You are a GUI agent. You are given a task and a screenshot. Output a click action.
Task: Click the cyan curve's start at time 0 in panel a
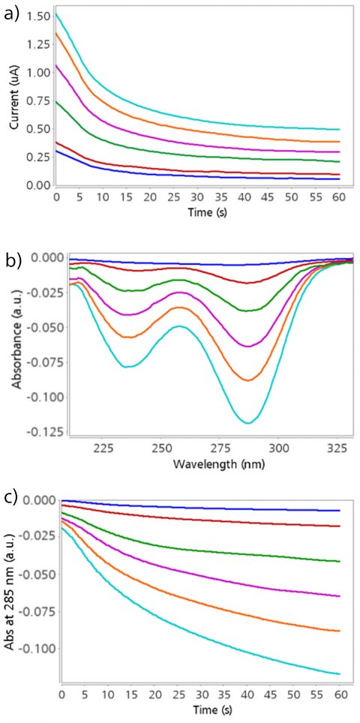[x=57, y=14]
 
